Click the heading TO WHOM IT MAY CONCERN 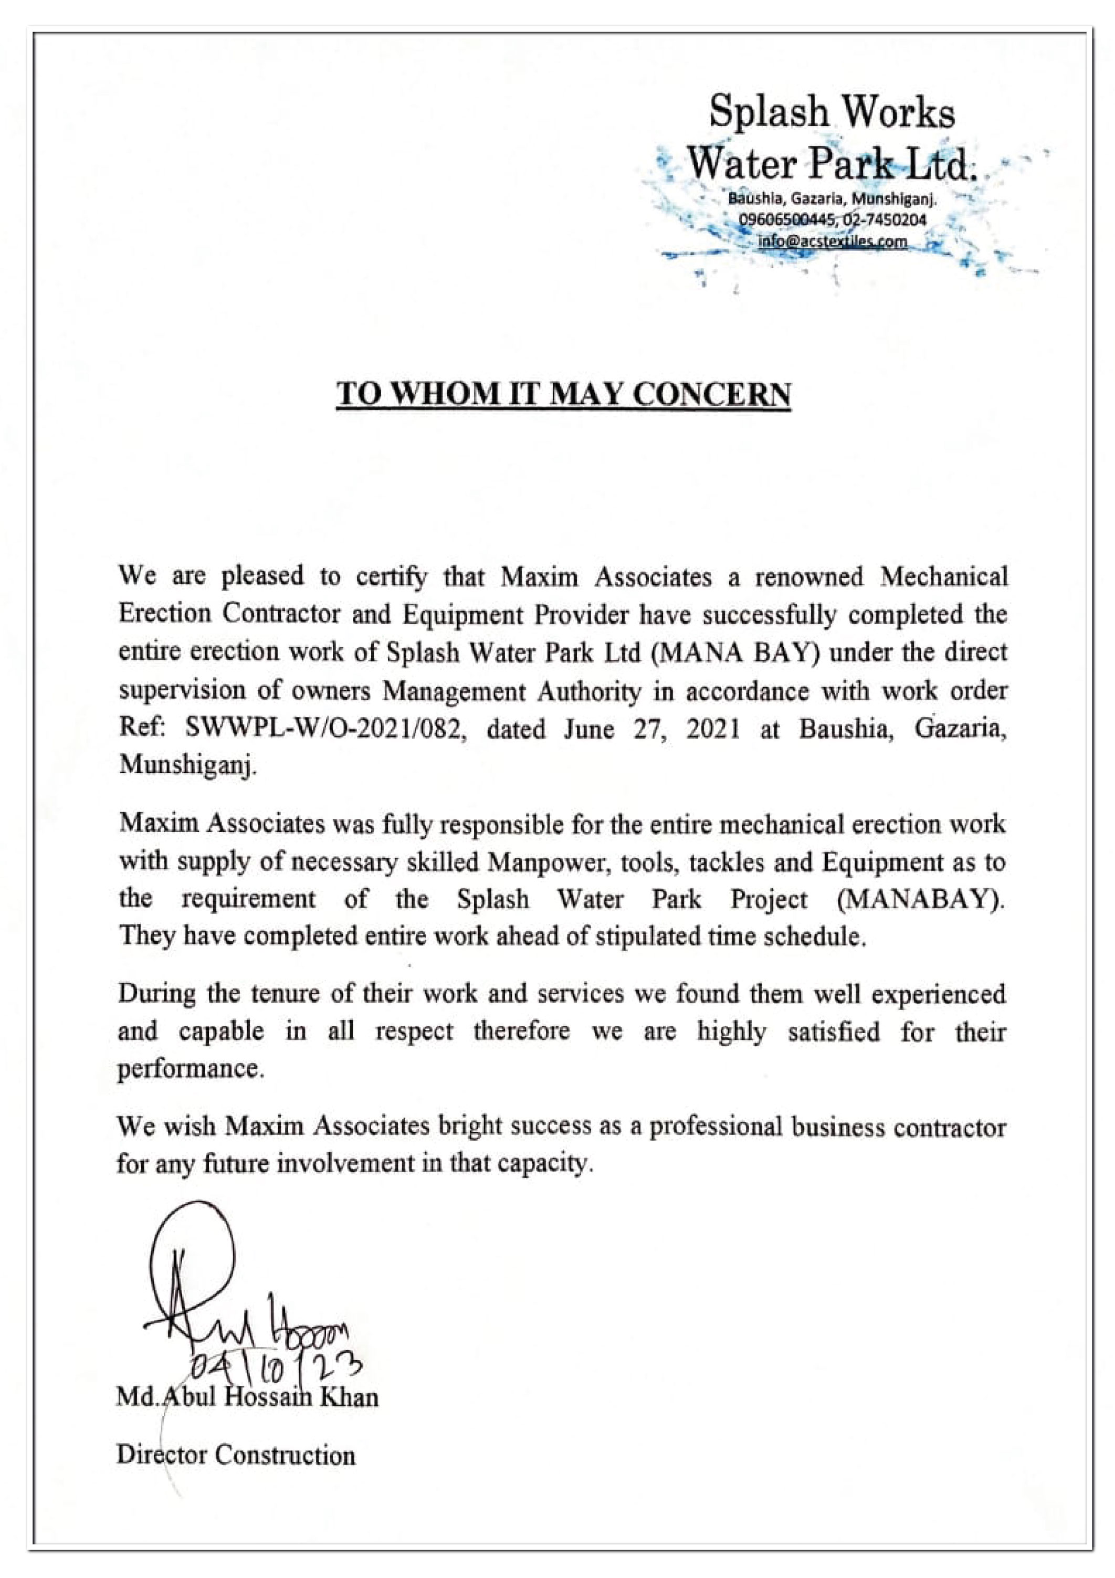point(563,395)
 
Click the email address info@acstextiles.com point(832,241)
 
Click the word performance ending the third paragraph point(189,1069)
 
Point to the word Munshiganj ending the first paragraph point(187,765)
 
